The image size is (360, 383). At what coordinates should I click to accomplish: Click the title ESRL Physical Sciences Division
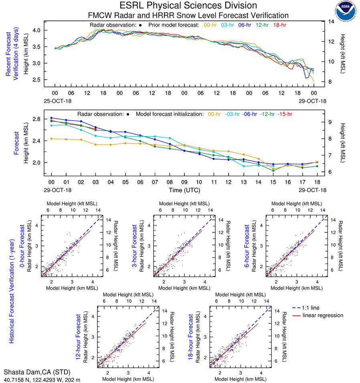(188, 6)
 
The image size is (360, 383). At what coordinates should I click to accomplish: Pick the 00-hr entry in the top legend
(211, 25)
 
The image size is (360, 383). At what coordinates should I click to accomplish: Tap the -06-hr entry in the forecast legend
(249, 114)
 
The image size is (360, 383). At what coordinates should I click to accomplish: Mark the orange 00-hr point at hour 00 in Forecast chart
(52, 139)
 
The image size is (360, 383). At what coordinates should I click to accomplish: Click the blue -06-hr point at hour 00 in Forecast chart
(52, 118)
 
